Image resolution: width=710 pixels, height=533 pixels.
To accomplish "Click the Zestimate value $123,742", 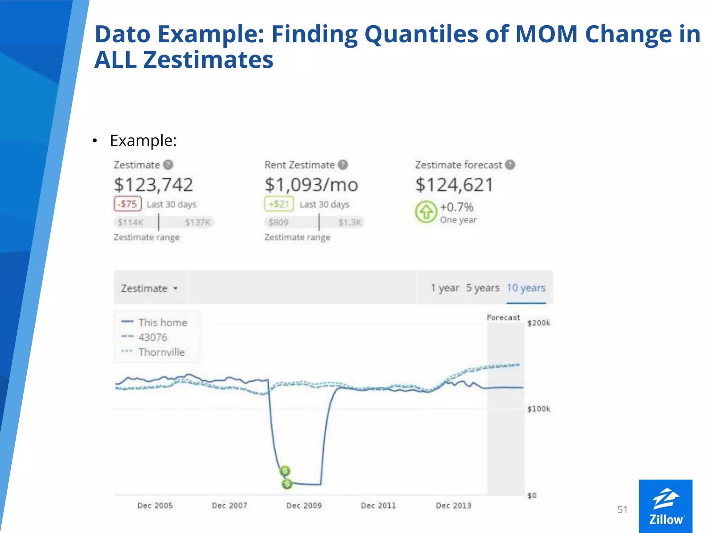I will click(x=153, y=185).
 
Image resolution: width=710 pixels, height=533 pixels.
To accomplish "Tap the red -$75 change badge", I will click(x=128, y=204).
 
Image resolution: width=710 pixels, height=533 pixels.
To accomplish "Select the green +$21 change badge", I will click(x=279, y=204).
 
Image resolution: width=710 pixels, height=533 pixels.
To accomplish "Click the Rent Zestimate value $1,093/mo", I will click(x=311, y=185).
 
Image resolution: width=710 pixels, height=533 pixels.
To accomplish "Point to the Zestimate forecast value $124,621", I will click(x=454, y=185).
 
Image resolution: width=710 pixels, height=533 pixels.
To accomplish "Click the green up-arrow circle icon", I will click(x=426, y=211).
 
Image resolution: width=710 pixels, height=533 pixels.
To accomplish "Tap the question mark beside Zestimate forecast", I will click(x=510, y=165).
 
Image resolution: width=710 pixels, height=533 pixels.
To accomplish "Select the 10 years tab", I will click(x=526, y=288).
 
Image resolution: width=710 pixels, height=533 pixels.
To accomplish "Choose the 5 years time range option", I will click(x=483, y=288).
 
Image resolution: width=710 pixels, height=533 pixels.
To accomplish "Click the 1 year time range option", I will click(x=445, y=288).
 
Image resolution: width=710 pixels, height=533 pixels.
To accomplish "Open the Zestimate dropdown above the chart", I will click(x=149, y=288).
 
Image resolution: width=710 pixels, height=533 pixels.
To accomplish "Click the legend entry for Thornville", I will click(x=161, y=352).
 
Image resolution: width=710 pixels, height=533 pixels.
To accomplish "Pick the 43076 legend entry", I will click(x=153, y=337).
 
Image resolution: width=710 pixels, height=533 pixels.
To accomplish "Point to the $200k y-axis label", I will click(x=538, y=323).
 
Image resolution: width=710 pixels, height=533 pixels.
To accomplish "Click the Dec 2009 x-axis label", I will click(x=304, y=506).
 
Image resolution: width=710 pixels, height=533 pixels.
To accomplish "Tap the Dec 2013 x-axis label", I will click(x=453, y=506).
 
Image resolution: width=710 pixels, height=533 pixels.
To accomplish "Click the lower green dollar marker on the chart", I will click(x=287, y=483).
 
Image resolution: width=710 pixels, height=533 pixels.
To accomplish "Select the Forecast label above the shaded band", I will click(x=503, y=318).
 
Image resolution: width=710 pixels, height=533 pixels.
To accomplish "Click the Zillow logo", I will click(x=666, y=506).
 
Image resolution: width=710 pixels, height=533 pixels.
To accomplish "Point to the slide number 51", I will click(x=622, y=509).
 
